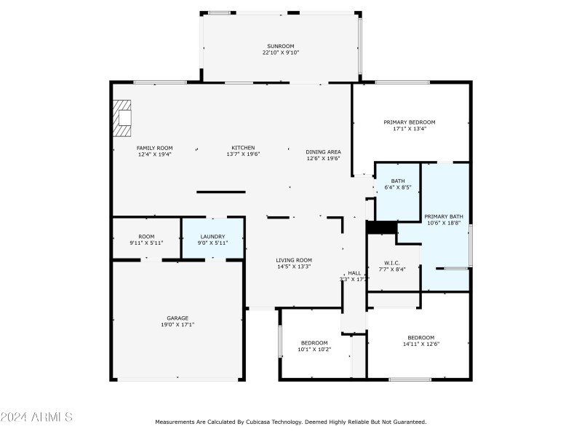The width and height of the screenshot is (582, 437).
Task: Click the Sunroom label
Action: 281,46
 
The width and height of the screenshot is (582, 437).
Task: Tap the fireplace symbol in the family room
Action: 122,117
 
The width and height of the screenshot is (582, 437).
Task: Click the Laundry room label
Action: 212,236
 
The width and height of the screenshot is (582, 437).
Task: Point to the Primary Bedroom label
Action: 410,122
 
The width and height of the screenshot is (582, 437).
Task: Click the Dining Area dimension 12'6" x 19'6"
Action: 323,158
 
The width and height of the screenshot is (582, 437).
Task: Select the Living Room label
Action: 294,260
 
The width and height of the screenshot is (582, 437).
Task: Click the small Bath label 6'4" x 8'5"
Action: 397,181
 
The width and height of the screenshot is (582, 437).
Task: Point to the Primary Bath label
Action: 444,216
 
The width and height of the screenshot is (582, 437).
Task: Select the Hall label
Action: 354,272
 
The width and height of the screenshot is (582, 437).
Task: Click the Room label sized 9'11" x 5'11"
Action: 147,236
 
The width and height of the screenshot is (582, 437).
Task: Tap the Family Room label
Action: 155,148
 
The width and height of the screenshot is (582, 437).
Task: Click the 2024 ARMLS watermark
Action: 36,417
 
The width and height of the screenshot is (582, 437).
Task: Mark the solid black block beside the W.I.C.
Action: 381,227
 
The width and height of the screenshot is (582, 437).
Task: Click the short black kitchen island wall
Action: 221,192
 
